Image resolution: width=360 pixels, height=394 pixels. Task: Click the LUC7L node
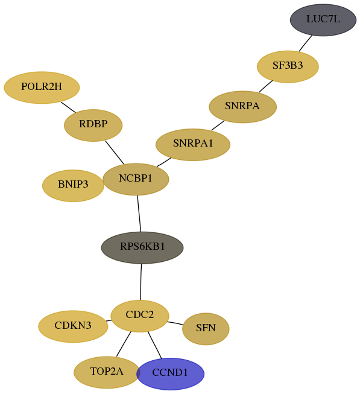[323, 20]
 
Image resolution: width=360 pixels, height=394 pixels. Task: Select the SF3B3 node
[288, 66]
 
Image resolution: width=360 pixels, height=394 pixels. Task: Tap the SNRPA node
[243, 107]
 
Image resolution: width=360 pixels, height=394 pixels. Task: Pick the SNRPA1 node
[193, 144]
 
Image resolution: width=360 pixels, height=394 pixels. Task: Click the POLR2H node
[42, 87]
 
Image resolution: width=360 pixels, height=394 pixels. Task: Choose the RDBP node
[93, 125]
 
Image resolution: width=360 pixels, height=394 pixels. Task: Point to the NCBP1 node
[136, 179]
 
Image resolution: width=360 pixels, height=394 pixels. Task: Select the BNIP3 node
[73, 185]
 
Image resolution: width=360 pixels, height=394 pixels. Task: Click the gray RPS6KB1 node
[142, 247]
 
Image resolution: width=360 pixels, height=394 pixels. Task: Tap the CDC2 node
[140, 316]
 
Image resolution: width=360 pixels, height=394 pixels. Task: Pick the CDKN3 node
[73, 326]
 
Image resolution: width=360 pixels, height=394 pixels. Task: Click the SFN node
[206, 329]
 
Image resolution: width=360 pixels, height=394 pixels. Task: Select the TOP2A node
[107, 372]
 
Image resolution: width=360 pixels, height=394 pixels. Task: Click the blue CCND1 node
[171, 373]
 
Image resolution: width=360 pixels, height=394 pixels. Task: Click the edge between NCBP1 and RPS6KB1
[139, 214]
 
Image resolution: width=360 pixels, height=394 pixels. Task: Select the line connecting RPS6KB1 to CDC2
[141, 282]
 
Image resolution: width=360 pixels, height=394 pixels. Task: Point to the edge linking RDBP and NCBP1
[115, 153]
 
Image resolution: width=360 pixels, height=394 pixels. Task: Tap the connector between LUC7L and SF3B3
[306, 43]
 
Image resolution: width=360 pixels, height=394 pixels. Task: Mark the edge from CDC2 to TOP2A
[124, 344]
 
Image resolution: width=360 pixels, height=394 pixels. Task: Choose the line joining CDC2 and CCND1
[154, 345]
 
